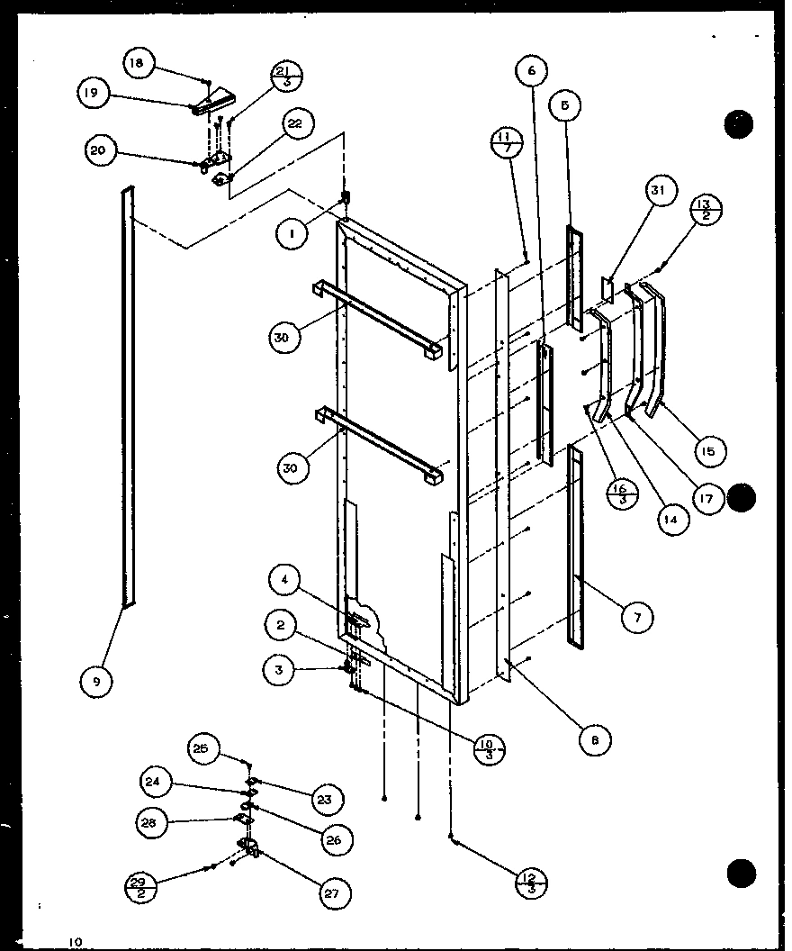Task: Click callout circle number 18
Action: click(x=136, y=62)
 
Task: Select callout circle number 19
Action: click(x=94, y=93)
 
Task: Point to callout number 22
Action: click(x=294, y=126)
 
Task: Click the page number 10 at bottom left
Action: click(x=75, y=941)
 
